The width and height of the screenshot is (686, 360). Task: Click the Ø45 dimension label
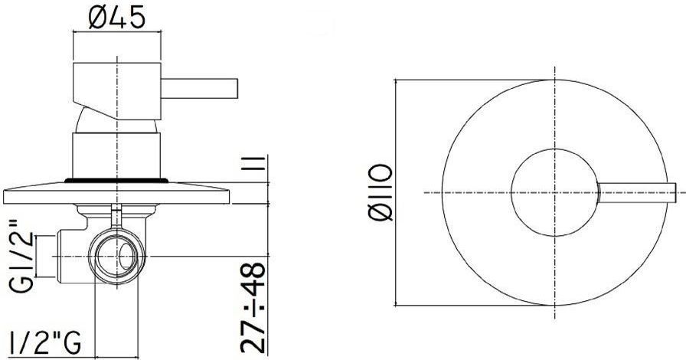[x=116, y=18]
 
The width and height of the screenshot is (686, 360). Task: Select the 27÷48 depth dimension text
[x=253, y=307]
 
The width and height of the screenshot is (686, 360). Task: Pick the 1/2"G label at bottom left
[x=45, y=342]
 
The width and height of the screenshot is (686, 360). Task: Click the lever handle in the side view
[x=200, y=88]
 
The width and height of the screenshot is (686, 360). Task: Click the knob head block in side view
[x=117, y=91]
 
